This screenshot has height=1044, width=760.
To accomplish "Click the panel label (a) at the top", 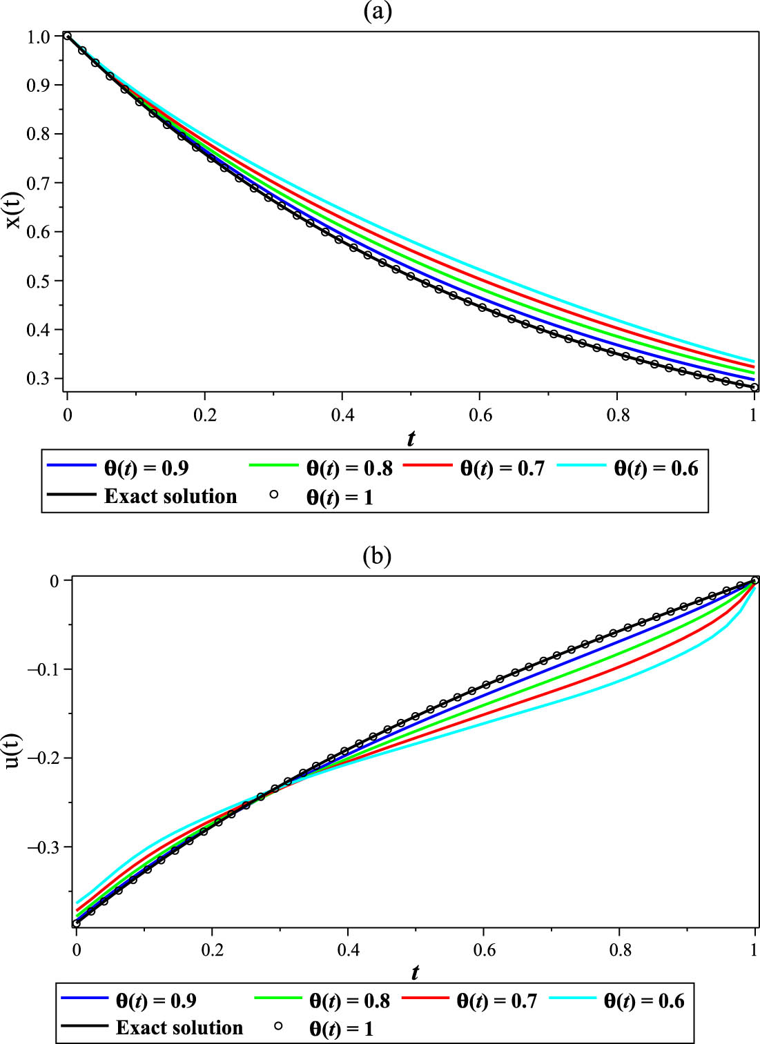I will coord(378,12).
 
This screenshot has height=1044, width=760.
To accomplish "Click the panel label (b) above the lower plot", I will coord(378,555).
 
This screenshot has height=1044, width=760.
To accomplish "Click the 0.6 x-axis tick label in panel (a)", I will coord(480,415).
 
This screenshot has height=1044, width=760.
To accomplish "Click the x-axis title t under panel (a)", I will coord(411,437).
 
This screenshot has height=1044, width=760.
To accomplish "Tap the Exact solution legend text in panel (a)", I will coord(170,496).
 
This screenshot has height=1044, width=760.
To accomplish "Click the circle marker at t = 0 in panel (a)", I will coord(67,36).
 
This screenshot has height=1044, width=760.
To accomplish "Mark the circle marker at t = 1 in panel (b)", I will coord(755,580).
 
